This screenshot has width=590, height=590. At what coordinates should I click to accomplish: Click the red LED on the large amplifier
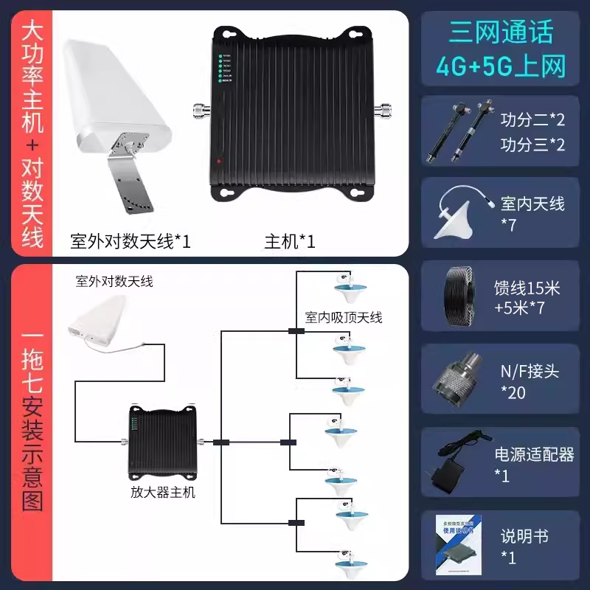[x=218, y=160]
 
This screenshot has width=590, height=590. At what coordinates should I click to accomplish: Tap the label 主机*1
[x=290, y=241]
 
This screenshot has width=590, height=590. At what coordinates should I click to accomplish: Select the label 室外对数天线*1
[x=130, y=241]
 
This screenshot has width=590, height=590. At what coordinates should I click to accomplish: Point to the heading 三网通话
[x=501, y=32]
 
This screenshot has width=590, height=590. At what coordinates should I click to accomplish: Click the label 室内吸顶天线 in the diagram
[x=344, y=318]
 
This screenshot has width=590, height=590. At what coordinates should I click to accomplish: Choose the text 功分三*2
[x=532, y=144]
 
